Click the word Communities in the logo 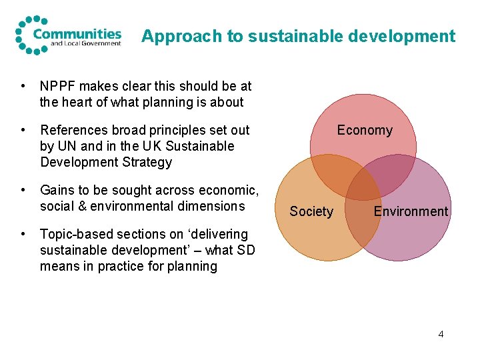77,33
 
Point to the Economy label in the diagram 365,130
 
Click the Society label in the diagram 311,211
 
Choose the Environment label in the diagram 411,211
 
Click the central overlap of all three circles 363,189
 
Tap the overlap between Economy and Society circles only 333,175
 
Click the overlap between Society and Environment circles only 363,220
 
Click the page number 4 441,333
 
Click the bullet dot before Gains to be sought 23,191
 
